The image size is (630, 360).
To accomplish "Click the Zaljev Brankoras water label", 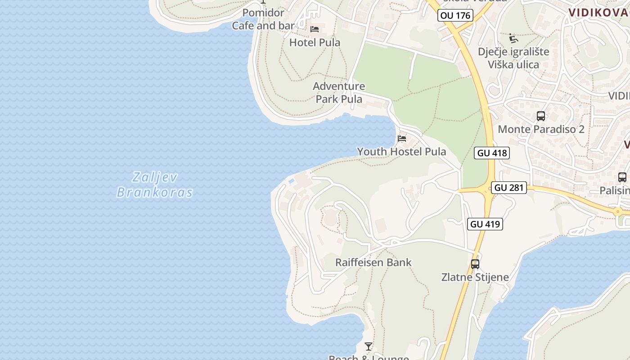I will tap(155, 184).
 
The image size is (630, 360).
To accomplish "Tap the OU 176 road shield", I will tap(455, 15).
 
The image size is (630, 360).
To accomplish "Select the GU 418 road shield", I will tap(492, 153).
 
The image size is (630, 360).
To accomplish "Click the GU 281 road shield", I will tap(509, 188).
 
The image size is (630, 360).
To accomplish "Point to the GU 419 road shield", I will tap(485, 224).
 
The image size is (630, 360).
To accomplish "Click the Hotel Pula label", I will tap(315, 43).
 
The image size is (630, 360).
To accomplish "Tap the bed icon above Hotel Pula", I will tap(315, 30).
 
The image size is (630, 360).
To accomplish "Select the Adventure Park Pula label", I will tap(339, 92).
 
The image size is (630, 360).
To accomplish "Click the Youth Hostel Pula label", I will tap(401, 152).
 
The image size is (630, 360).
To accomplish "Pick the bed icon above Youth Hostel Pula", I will tap(402, 138).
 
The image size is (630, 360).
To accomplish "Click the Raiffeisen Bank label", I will tap(373, 262).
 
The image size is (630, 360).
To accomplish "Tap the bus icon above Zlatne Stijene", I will tap(475, 264).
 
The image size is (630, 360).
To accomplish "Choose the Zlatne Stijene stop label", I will tap(475, 277).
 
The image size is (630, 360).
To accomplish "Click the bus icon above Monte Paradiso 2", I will tap(541, 116).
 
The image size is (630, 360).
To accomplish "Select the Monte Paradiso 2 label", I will tap(541, 129).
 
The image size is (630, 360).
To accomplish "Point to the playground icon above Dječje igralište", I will tap(513, 38).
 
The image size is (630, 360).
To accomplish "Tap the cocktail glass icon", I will tap(369, 346).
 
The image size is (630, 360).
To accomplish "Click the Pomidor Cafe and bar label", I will tap(263, 19).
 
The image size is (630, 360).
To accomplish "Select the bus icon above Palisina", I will tap(622, 177).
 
